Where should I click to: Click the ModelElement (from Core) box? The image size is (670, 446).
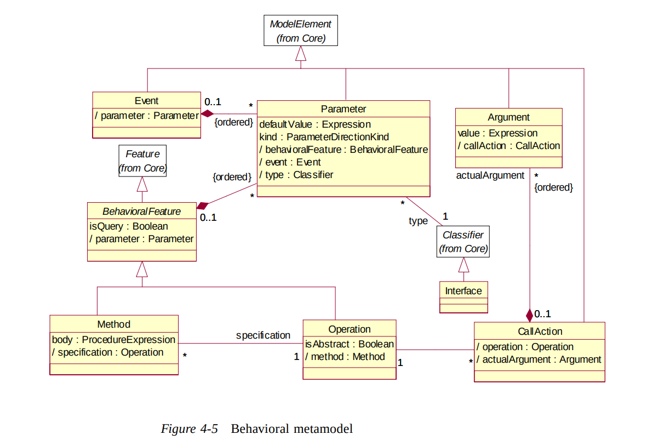(x=301, y=31)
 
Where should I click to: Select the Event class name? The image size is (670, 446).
(x=146, y=101)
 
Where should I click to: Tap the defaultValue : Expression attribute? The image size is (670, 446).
(x=315, y=124)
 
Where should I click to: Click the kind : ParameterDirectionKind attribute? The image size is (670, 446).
(x=324, y=137)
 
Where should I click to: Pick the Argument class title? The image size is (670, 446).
(x=508, y=117)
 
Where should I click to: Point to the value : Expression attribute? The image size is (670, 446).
(x=497, y=133)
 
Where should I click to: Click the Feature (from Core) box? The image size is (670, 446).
(x=142, y=161)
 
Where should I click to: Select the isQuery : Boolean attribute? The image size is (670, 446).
(x=129, y=226)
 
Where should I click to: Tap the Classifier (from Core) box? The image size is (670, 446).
(x=463, y=242)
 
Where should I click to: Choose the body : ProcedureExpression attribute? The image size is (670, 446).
(x=113, y=340)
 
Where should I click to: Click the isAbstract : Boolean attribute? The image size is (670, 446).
(x=350, y=344)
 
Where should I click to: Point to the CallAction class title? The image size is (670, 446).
(x=540, y=331)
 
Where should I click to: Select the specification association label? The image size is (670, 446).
(x=263, y=335)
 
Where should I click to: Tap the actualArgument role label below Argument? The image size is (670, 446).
(x=490, y=175)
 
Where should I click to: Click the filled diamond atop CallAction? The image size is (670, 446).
(x=529, y=316)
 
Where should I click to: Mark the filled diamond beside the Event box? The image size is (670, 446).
(x=207, y=113)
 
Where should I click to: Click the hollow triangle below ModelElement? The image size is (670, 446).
(x=301, y=54)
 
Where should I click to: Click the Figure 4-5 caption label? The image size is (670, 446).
(x=189, y=429)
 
